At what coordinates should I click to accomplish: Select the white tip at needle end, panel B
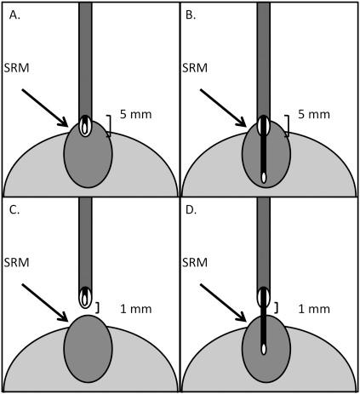tap(264, 177)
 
